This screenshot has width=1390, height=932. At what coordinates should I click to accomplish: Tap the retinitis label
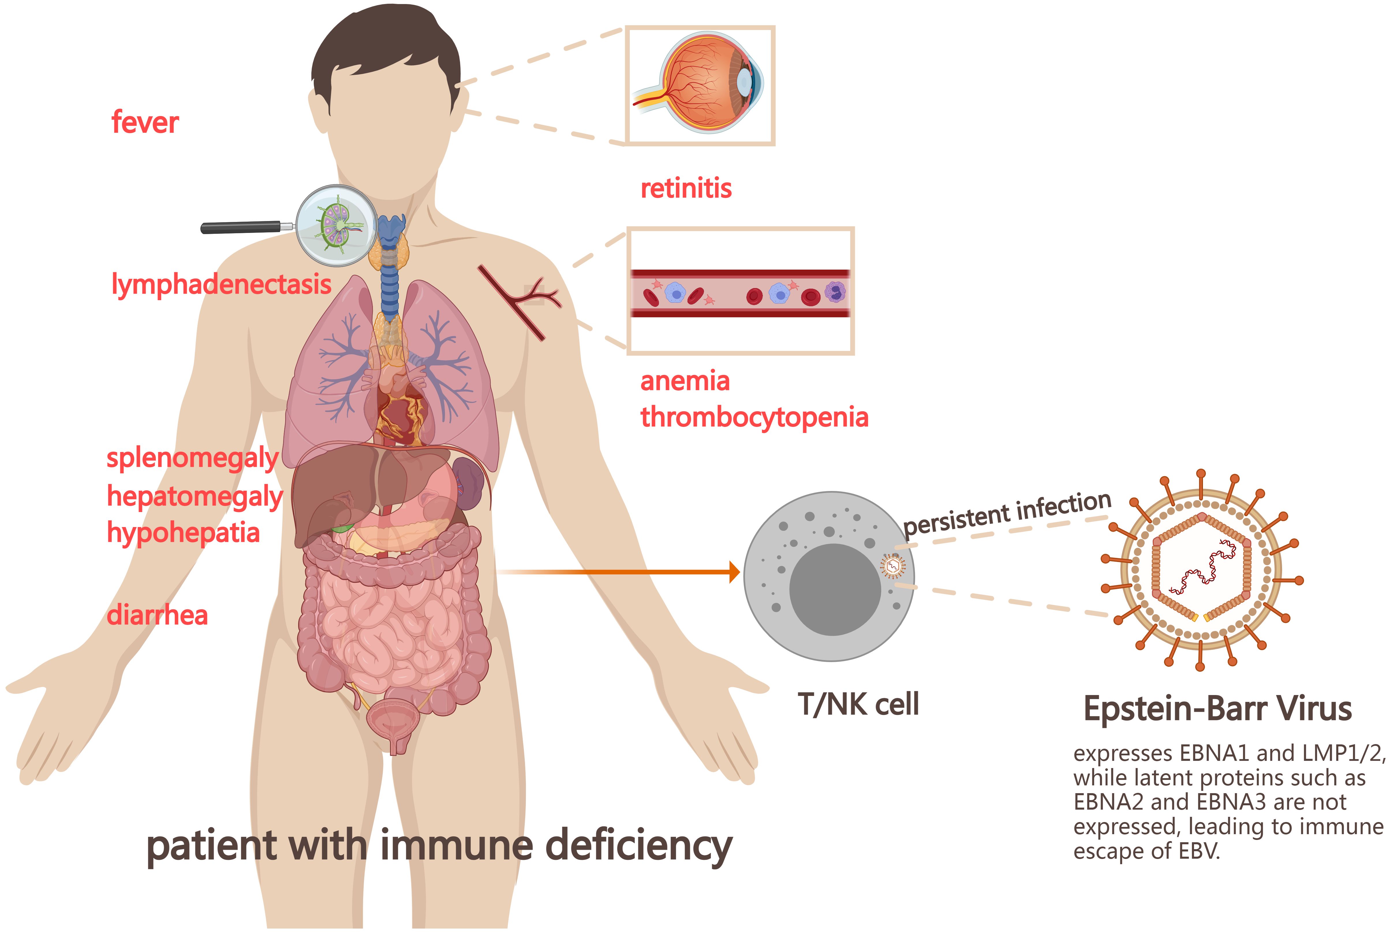[686, 188]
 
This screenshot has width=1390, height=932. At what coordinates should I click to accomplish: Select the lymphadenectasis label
[221, 285]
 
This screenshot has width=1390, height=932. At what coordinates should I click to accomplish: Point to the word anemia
[685, 381]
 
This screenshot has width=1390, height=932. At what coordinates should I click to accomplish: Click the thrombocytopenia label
[754, 417]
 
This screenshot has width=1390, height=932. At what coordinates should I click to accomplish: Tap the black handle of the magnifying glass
[241, 227]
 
